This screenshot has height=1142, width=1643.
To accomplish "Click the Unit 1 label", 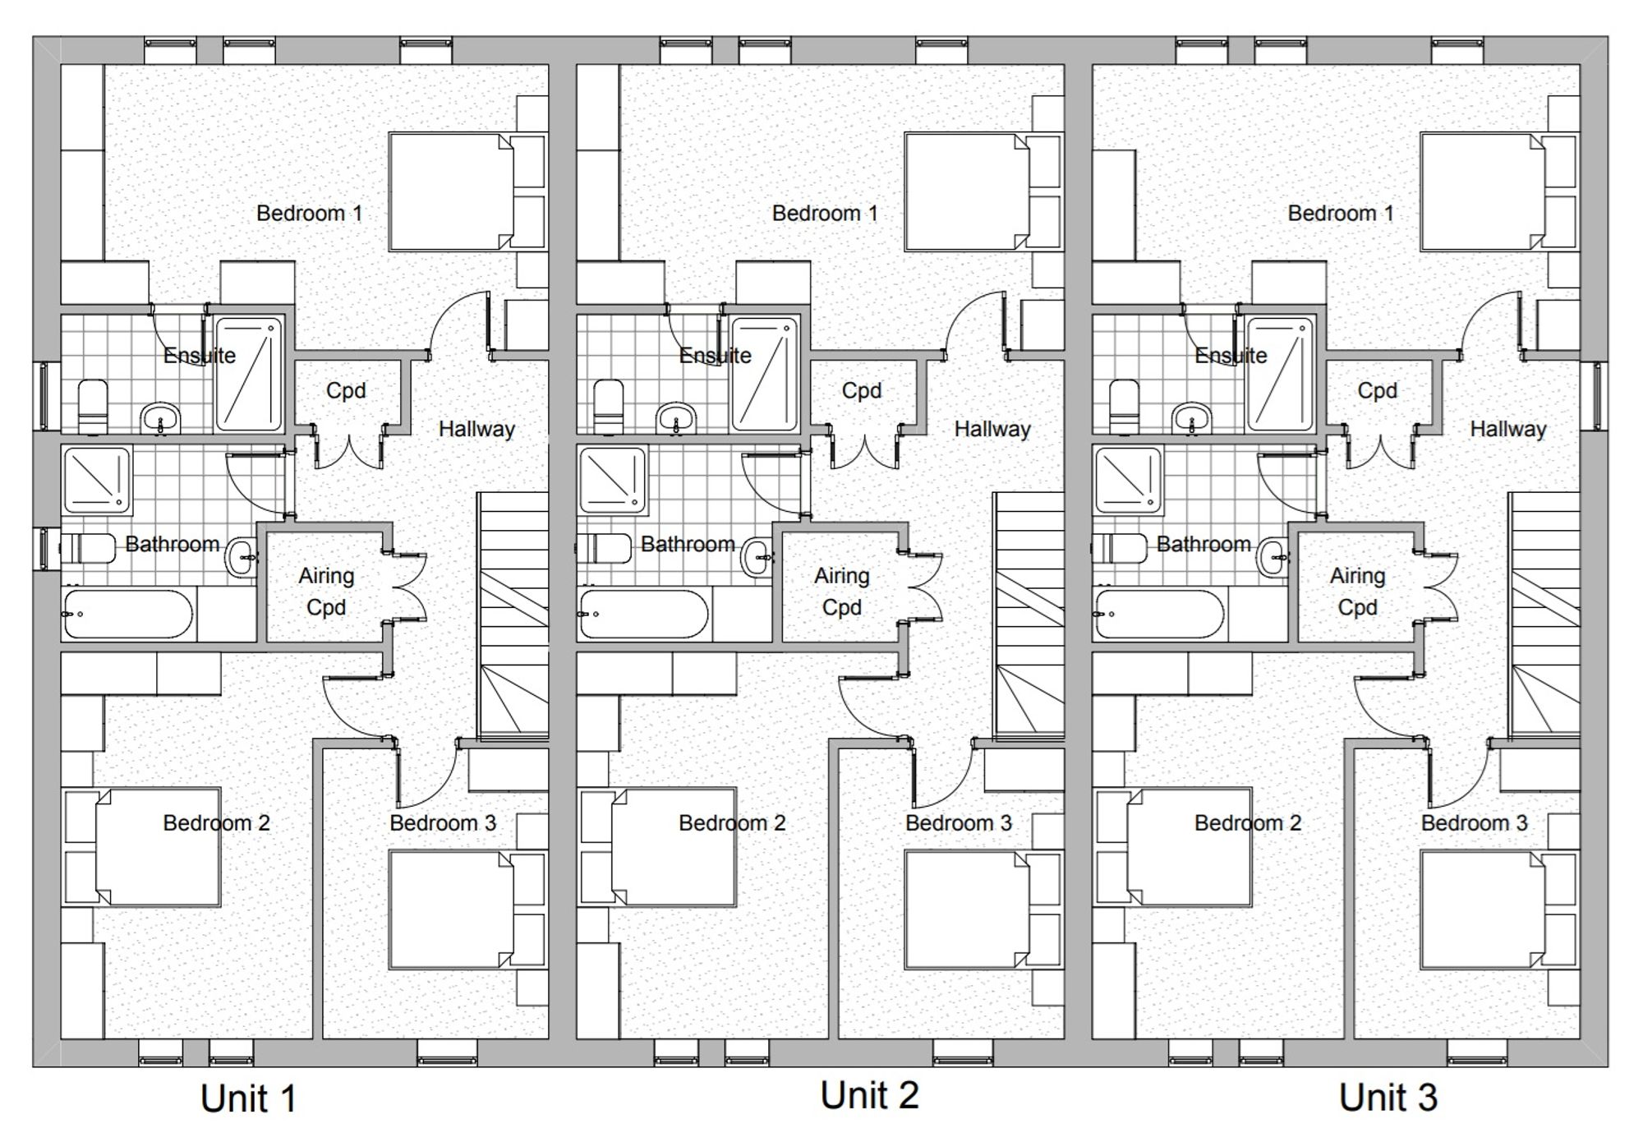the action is click(x=248, y=1098).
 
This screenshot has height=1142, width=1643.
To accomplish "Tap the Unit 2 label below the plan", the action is click(x=869, y=1095).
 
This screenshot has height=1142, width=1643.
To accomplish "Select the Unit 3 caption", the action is click(x=1388, y=1098).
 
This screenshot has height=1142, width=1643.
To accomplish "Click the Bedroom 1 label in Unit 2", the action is click(x=825, y=214).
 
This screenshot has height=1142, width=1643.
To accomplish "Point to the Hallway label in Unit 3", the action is click(x=1508, y=429).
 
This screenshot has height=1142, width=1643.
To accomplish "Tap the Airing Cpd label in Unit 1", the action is click(x=326, y=592).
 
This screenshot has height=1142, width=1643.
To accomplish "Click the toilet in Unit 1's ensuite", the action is click(x=92, y=406).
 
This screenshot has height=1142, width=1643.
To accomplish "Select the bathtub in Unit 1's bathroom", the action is click(x=129, y=614).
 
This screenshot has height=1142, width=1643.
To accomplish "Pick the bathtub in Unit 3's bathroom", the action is click(x=1160, y=614).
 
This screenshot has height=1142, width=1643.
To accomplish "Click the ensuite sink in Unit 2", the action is click(x=675, y=417).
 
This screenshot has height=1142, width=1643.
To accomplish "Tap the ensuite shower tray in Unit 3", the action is click(x=1280, y=374).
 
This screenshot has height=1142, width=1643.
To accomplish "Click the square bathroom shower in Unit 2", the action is click(x=613, y=480).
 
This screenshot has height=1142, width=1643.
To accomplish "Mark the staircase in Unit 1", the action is click(x=513, y=615).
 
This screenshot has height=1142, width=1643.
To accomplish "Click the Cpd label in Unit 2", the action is click(x=862, y=391).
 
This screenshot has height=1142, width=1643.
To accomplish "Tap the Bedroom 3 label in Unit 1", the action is click(x=443, y=823).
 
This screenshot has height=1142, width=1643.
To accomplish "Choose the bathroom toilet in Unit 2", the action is click(x=605, y=548).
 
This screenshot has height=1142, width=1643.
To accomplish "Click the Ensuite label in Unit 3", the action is click(x=1231, y=356).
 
